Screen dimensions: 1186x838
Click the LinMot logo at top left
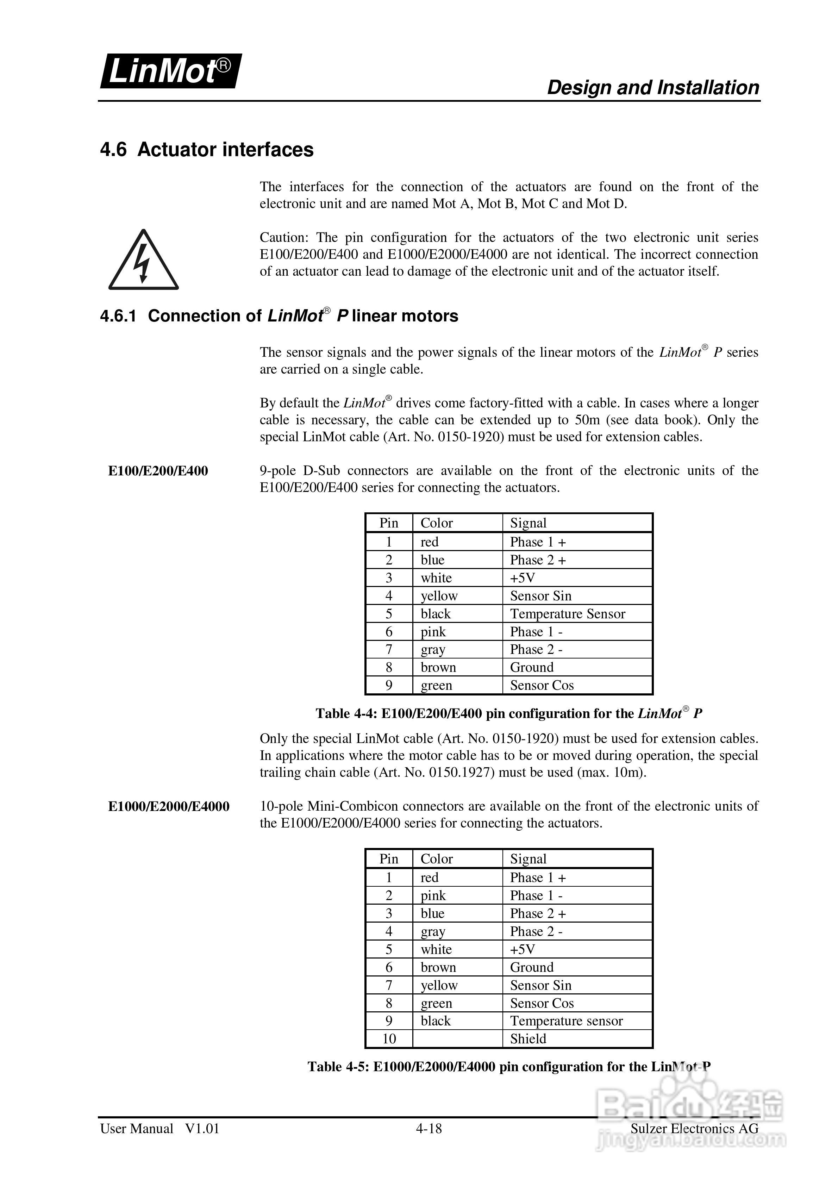[x=170, y=71]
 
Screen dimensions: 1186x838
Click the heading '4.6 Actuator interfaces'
[x=207, y=150]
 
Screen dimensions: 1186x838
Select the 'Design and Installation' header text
[x=653, y=87]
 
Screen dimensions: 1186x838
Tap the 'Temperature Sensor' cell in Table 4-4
[x=567, y=614]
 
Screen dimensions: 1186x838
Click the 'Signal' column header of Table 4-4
[x=528, y=523]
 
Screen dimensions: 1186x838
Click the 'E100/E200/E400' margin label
[x=158, y=471]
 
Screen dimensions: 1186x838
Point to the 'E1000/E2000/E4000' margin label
[x=168, y=806]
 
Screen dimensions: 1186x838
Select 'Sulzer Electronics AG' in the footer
[x=694, y=1129]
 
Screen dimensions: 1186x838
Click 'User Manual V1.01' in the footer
[x=160, y=1129]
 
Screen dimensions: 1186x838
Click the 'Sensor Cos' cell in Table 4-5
[x=542, y=1003]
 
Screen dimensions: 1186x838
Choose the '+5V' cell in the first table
[x=522, y=578]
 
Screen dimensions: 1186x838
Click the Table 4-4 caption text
[x=508, y=713]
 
